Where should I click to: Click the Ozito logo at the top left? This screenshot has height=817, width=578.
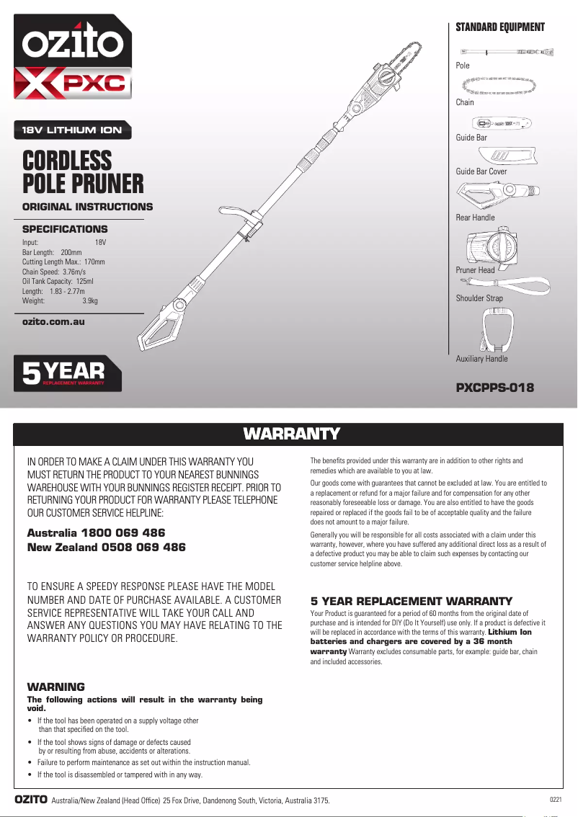pos(72,45)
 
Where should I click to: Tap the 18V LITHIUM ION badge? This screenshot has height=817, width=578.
pos(72,130)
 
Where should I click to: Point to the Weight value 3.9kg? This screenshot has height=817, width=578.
pos(90,301)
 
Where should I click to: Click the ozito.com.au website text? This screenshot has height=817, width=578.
pos(53,321)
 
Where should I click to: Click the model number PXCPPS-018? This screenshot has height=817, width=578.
pos(495,388)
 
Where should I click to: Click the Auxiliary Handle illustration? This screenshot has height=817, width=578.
pos(496,331)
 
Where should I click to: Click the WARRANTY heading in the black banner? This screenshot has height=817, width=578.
pos(291,434)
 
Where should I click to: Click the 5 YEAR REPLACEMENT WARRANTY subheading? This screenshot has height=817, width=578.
pos(411,601)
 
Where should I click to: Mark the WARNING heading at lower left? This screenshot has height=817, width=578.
pos(55,687)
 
